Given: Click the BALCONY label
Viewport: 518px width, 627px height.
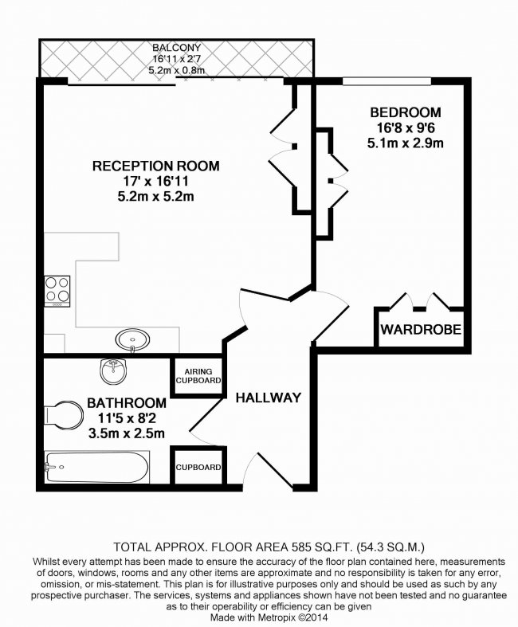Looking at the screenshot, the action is point(176,48).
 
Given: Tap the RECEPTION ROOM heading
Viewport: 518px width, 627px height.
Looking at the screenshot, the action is point(156,166).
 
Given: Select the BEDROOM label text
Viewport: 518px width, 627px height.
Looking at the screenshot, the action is point(406,112).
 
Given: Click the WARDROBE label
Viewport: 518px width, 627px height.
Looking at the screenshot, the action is point(422,330).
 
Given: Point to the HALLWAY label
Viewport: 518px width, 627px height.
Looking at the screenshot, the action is point(269,398).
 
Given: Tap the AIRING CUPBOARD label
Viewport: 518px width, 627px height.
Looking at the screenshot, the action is point(198,376).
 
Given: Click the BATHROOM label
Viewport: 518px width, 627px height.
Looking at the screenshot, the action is point(127,402).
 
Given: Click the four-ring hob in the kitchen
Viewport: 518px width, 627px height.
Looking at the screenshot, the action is point(57,291).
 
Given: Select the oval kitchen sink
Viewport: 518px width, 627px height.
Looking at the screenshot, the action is point(133,340).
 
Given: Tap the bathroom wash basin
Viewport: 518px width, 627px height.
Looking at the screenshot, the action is point(114,370).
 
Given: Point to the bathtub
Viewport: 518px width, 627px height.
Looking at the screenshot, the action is point(97,467).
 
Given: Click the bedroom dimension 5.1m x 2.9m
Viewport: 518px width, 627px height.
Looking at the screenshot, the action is point(406,143).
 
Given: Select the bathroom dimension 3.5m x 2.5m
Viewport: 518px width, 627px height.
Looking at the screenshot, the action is point(127,433).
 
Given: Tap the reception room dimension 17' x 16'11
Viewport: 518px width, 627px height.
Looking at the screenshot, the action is point(156,181).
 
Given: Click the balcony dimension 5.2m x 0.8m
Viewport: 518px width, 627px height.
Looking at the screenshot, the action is point(176,70).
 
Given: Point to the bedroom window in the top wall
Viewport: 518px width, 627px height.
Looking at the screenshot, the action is point(387,81).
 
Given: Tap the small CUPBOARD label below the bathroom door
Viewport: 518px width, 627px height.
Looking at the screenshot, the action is point(198,467).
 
